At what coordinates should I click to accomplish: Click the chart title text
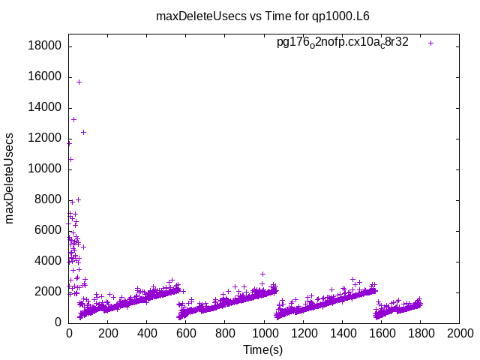[262, 16]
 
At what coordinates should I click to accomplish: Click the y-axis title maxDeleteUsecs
[10, 178]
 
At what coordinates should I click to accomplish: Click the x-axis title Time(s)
[262, 349]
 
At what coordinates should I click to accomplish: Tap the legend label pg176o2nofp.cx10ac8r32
[343, 43]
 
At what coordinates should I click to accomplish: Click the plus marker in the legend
[430, 43]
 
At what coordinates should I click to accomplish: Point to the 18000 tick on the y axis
[45, 46]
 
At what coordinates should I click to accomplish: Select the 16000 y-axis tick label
[45, 76]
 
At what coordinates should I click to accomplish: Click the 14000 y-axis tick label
[45, 107]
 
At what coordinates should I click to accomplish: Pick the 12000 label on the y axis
[45, 138]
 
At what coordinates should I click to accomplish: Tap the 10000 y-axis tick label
[45, 169]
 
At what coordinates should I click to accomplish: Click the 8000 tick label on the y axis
[48, 199]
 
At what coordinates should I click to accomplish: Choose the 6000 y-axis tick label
[48, 230]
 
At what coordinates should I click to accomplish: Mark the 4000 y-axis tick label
[48, 261]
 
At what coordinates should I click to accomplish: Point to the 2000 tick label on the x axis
[459, 334]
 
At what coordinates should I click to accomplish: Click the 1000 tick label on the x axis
[264, 334]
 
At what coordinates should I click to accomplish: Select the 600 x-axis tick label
[186, 334]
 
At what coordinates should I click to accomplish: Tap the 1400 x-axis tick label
[342, 334]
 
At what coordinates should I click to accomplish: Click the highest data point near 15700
[79, 82]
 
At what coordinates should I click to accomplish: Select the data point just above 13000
[73, 119]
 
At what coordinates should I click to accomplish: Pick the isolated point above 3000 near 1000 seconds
[262, 274]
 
